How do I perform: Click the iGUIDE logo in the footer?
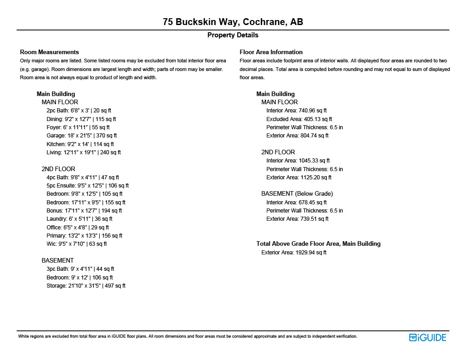(427, 337)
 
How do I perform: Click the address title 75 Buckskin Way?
(233, 22)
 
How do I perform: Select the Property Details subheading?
(233, 35)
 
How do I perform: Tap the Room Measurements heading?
(49, 52)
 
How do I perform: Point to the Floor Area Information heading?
(271, 52)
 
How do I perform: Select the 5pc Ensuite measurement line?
(87, 186)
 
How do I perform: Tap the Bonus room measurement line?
(84, 211)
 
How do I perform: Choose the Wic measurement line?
(76, 244)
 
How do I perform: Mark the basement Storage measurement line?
(86, 286)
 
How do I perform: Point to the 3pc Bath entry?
(80, 269)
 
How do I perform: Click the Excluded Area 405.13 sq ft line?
(299, 119)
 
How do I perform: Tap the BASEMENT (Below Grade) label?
(297, 194)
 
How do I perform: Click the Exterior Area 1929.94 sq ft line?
(294, 253)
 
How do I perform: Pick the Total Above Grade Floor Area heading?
(318, 244)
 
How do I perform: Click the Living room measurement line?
(83, 152)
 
